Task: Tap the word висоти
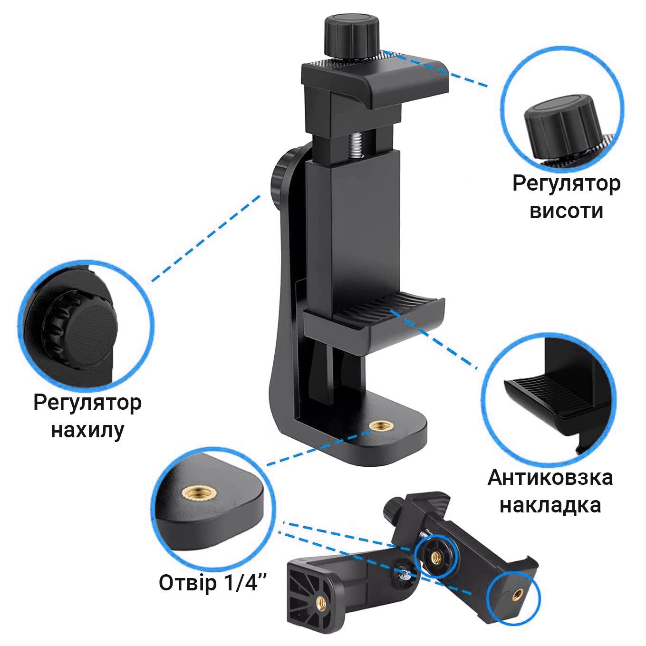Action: pyautogui.click(x=566, y=211)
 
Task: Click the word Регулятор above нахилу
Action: pyautogui.click(x=87, y=404)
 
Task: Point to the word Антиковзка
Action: pyautogui.click(x=550, y=478)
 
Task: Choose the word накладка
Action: pyautogui.click(x=550, y=506)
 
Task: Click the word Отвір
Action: pyautogui.click(x=188, y=583)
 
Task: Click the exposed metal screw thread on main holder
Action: pyautogui.click(x=357, y=147)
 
